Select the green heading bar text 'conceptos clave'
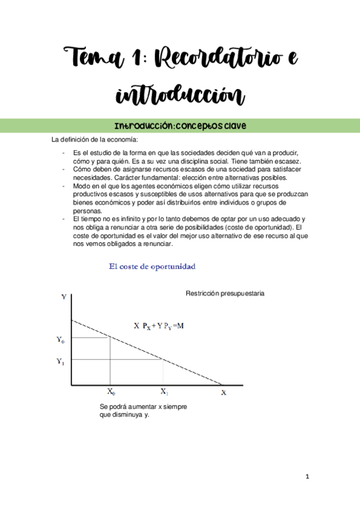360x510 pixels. (210, 126)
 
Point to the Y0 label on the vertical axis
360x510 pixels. (61, 340)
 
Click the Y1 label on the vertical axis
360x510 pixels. (61, 361)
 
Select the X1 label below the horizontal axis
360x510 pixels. (163, 391)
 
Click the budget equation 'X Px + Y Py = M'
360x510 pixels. (158, 325)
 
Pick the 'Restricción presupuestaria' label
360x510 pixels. (225, 293)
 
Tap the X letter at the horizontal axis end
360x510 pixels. (224, 393)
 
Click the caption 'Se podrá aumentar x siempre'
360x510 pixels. (143, 407)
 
